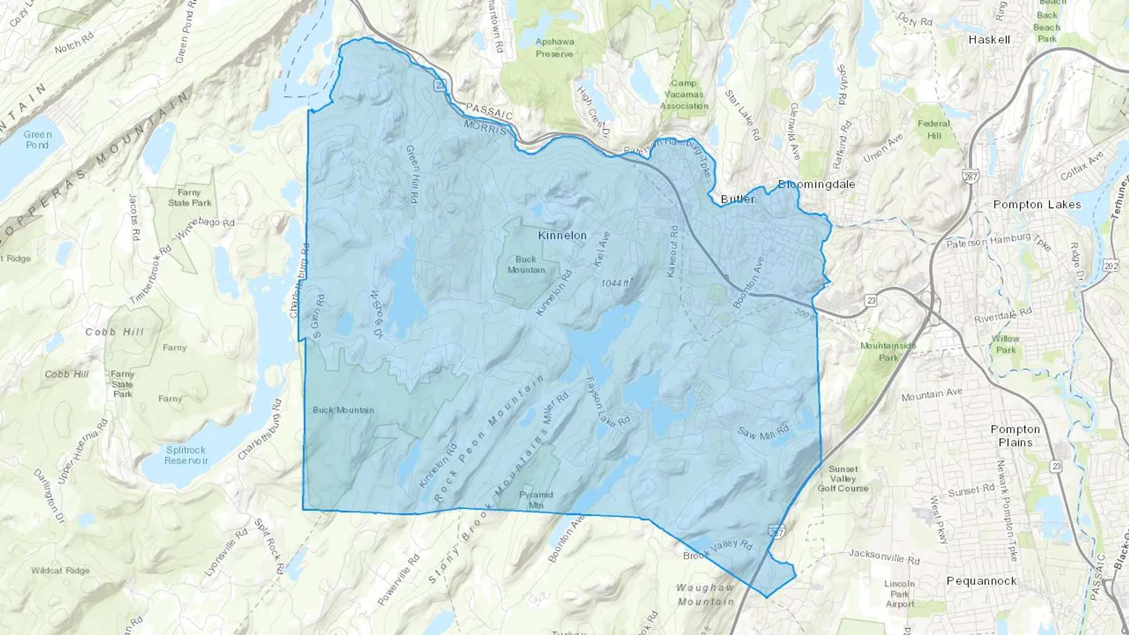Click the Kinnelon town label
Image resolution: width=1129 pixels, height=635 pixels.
(x=562, y=235)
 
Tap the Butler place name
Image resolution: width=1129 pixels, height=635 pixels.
(x=737, y=199)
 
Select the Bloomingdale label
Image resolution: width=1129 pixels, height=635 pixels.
(x=816, y=184)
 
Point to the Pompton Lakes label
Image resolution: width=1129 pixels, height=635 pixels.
(x=1037, y=204)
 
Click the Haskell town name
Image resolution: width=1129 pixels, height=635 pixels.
(x=989, y=39)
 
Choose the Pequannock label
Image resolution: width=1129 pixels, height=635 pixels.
(x=981, y=581)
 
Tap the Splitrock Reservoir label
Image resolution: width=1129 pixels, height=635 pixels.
(x=186, y=455)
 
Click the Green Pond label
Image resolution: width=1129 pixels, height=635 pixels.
(x=38, y=139)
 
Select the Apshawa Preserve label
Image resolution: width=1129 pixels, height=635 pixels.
(x=554, y=48)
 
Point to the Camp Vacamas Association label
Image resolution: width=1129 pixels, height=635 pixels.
(x=684, y=94)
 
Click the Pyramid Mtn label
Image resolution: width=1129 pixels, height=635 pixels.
(x=536, y=500)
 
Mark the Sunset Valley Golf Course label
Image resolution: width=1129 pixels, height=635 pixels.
(x=843, y=478)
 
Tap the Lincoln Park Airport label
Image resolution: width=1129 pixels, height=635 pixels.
(x=899, y=594)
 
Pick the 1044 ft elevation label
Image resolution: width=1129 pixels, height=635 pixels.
(x=615, y=283)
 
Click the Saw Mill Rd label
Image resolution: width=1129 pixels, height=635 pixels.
(x=763, y=433)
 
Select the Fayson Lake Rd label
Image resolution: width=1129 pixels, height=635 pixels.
(x=607, y=402)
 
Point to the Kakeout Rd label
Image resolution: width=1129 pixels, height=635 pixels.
(x=672, y=251)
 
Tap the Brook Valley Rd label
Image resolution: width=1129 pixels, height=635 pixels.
(x=718, y=549)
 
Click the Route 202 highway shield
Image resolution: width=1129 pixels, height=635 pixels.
(x=1111, y=266)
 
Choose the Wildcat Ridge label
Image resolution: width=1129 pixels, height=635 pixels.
(x=60, y=570)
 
